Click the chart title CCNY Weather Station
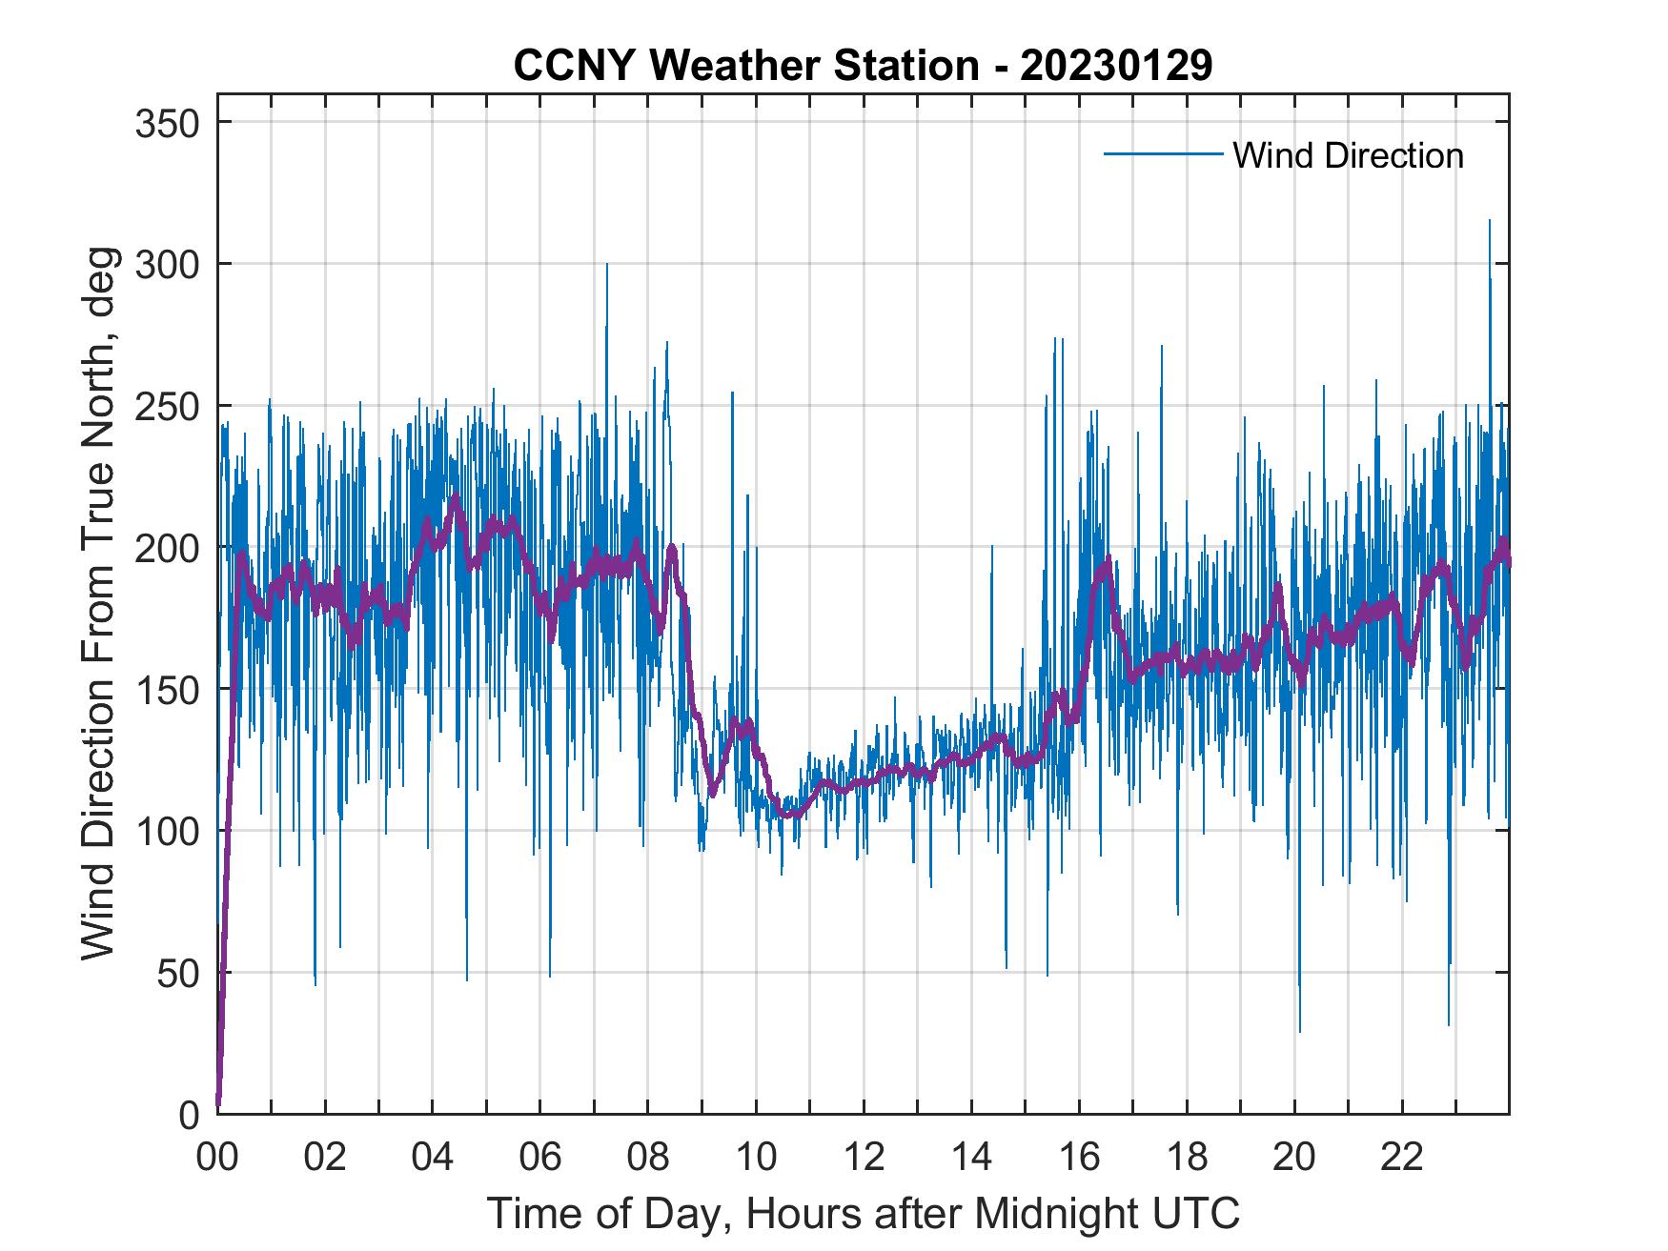pos(745,66)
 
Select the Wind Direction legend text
pos(1348,155)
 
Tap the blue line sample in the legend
pos(1163,154)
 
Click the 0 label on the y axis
pos(192,1115)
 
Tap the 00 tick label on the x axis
pos(217,1159)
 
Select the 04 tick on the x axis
pos(433,1159)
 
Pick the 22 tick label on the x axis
pos(1402,1159)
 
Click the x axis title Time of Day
pos(864,1214)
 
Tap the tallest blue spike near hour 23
pos(1490,221)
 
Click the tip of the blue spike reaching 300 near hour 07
pos(606,265)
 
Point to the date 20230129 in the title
pos(1116,66)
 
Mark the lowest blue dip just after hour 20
pos(1299,1031)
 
